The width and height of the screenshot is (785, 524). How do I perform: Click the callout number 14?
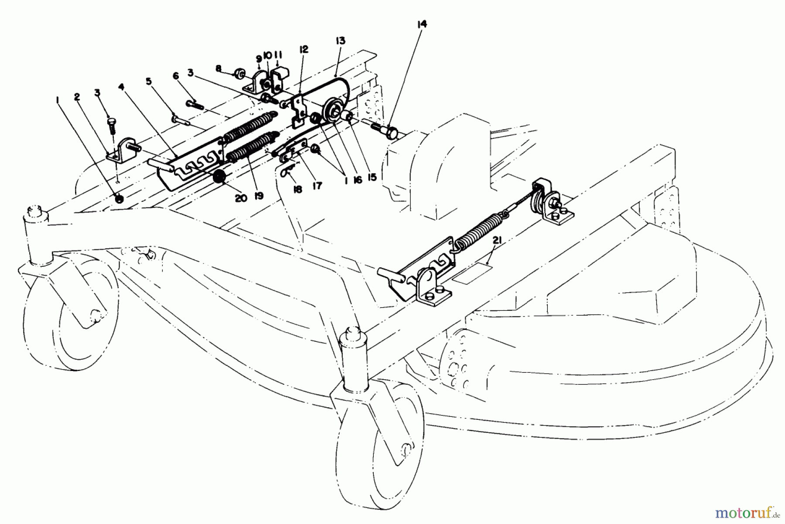click(421, 24)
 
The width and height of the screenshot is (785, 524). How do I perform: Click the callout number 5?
click(149, 81)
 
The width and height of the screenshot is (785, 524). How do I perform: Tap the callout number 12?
click(304, 49)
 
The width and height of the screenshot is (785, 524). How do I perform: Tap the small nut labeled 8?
click(239, 72)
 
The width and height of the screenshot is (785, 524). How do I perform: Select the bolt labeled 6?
click(197, 104)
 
